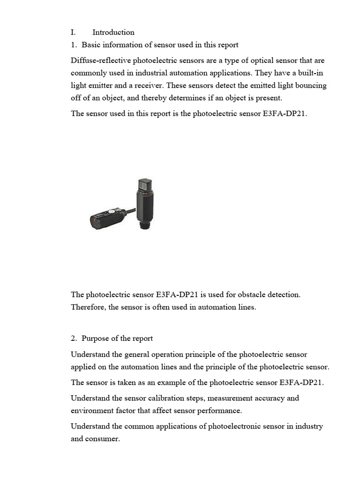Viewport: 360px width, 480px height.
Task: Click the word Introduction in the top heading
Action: point(113,32)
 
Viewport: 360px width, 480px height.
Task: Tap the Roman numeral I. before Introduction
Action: point(73,32)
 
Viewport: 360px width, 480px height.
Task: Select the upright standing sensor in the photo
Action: point(143,202)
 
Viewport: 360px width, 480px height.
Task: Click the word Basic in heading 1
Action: point(91,45)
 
